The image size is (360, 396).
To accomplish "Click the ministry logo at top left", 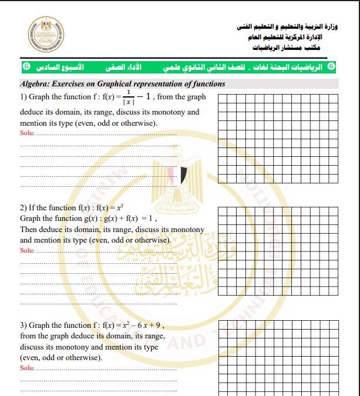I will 45,33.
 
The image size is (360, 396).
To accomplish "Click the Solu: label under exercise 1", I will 27,133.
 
